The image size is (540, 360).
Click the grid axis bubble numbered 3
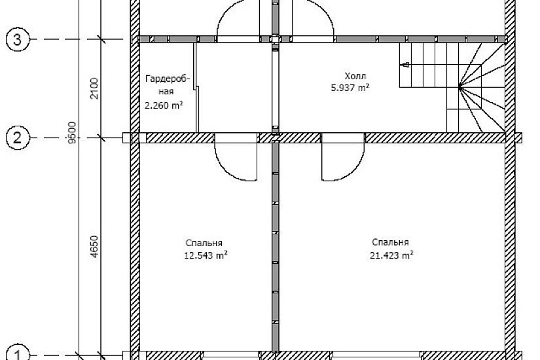click(18, 39)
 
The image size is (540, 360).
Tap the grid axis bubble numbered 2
click(18, 138)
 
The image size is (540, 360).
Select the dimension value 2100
click(94, 88)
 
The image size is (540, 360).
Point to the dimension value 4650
click(94, 246)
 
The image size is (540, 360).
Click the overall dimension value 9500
click(72, 132)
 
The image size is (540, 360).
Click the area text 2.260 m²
click(164, 105)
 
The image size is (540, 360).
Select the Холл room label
click(355, 76)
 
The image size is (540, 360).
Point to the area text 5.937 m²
click(350, 88)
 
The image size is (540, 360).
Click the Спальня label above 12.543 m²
click(204, 243)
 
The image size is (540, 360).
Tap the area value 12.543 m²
click(206, 255)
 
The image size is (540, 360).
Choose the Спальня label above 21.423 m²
click(390, 242)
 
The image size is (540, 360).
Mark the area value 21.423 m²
click(391, 255)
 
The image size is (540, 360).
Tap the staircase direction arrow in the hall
click(406, 64)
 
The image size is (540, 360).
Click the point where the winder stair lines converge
click(459, 88)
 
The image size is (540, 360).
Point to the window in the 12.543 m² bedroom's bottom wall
click(231, 355)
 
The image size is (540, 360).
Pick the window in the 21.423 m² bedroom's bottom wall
click(376, 355)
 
